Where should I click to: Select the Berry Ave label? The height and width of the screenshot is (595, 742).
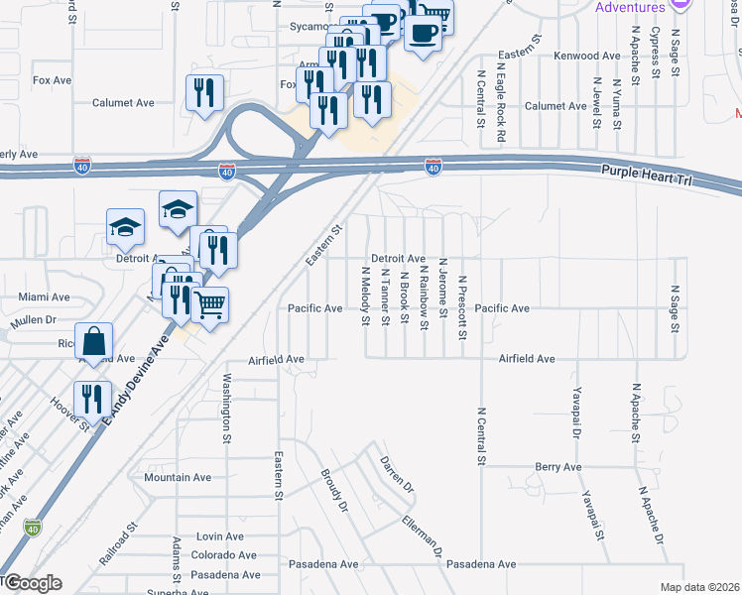(557, 466)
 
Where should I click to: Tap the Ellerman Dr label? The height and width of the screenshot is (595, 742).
(422, 535)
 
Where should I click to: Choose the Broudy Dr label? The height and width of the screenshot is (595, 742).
(334, 491)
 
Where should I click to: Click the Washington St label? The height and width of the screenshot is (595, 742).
(227, 407)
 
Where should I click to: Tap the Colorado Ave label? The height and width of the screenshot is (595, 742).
(224, 555)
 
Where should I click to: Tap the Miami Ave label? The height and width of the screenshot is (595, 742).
(45, 297)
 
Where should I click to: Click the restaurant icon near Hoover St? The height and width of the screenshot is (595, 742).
(92, 397)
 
